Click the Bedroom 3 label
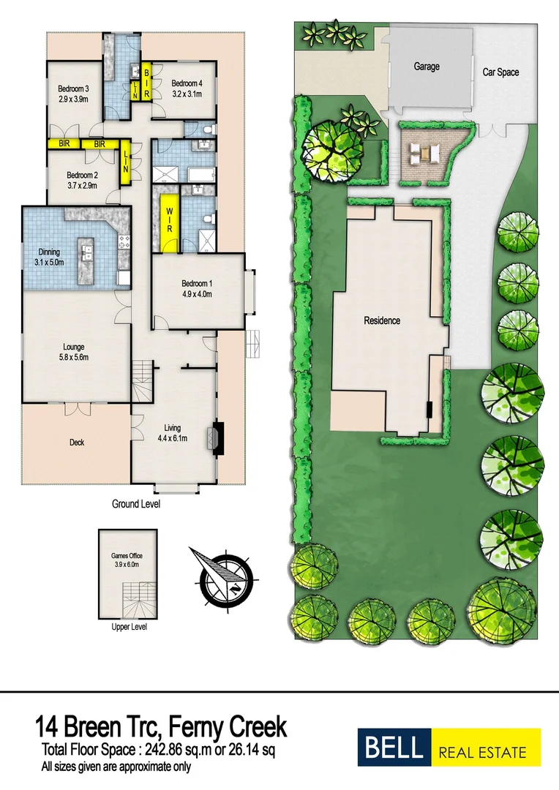tap(73, 89)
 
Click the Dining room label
tap(49, 252)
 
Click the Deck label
tap(77, 442)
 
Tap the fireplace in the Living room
tap(218, 438)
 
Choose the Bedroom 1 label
tap(197, 284)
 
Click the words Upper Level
tap(129, 628)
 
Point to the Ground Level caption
tap(135, 504)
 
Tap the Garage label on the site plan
tap(427, 67)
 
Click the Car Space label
tap(500, 72)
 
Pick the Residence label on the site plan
tap(382, 320)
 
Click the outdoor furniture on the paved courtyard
tap(424, 152)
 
